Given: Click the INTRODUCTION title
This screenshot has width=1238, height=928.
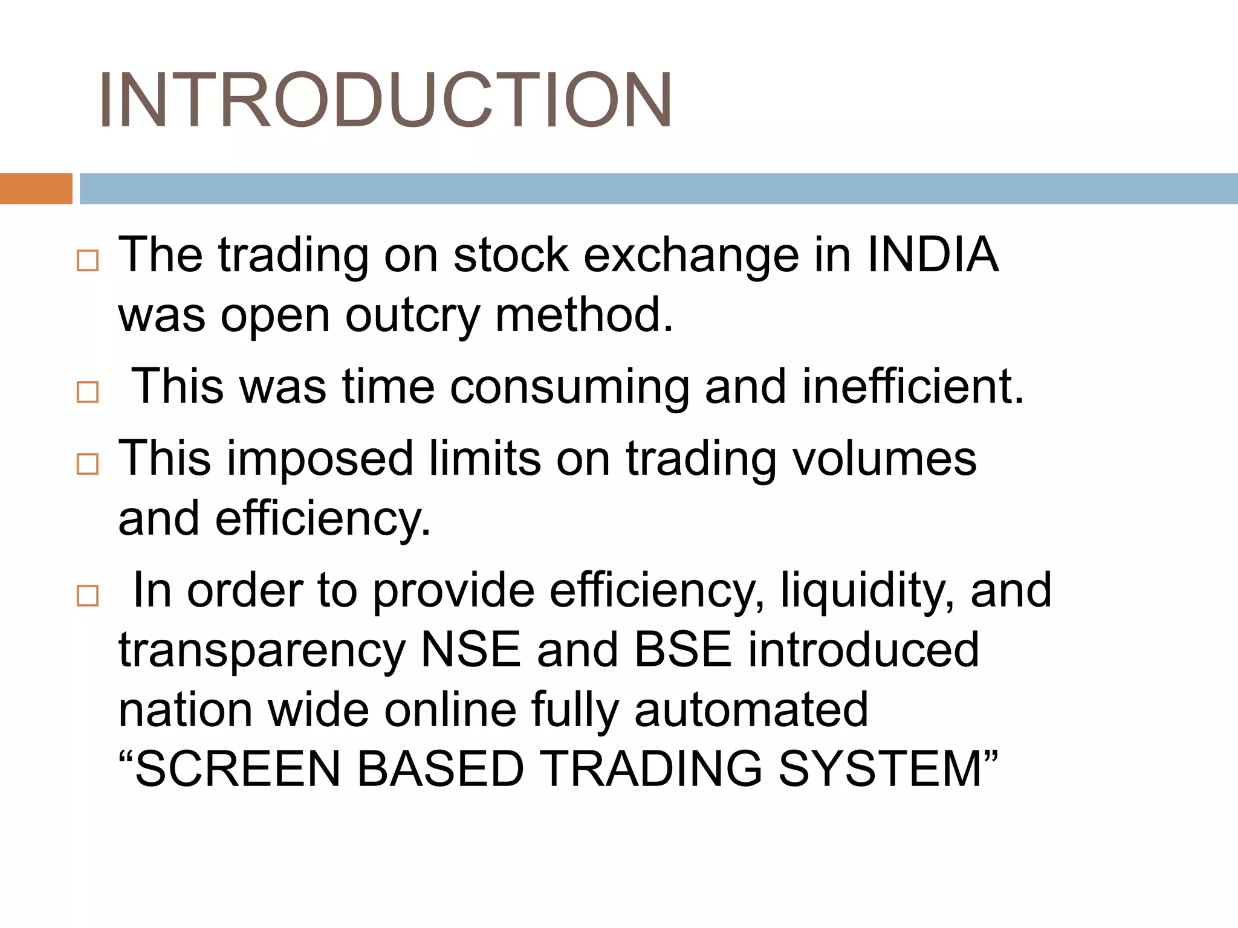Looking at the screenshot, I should [x=385, y=100].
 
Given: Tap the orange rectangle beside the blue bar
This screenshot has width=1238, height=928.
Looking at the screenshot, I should [x=36, y=188].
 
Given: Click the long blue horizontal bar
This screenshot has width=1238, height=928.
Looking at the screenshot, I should [x=658, y=188].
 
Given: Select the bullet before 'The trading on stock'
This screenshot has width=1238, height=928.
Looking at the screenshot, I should [x=88, y=261].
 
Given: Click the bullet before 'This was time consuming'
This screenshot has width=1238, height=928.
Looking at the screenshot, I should [x=88, y=392].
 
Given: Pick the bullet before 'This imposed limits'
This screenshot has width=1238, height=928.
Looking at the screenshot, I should [x=88, y=464].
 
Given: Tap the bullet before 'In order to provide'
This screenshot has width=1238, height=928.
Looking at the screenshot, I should [x=88, y=596].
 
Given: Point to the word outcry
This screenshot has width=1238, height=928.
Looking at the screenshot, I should [x=412, y=315].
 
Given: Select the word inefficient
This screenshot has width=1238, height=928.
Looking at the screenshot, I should [x=913, y=387].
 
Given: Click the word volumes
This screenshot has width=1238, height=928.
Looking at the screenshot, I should [x=884, y=459].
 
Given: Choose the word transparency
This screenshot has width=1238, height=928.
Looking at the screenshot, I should [x=261, y=651].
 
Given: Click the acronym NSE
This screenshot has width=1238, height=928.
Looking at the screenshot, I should [x=470, y=649].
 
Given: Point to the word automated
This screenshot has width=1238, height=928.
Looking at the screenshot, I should [x=751, y=709].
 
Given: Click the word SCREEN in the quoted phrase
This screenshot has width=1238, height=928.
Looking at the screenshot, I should [x=238, y=769].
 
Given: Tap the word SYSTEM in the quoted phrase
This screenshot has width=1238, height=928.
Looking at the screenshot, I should [x=880, y=769].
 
